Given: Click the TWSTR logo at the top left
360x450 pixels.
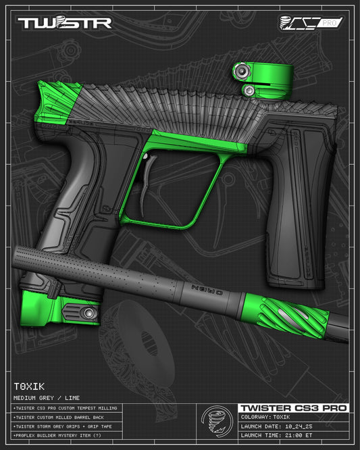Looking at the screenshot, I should coord(63,23).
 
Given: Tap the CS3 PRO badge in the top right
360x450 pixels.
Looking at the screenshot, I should coord(311,23).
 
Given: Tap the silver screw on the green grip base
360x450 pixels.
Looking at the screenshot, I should coord(87,314).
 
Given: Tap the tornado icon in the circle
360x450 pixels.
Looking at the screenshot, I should coord(217,424).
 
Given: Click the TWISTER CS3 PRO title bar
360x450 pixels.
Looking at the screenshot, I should coord(293,408).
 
